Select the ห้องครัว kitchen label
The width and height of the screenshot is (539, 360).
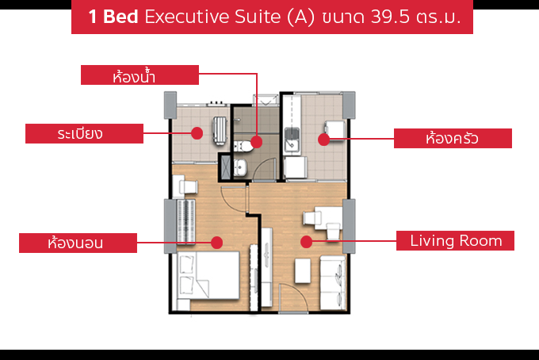(x=453, y=138)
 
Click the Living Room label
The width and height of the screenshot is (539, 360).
(x=455, y=241)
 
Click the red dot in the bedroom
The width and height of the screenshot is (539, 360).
(x=216, y=243)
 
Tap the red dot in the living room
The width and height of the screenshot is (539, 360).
(x=306, y=241)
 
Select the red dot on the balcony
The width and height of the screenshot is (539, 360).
(x=197, y=133)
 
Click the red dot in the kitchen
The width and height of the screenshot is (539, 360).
(x=324, y=140)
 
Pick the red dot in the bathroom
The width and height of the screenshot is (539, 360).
(x=257, y=142)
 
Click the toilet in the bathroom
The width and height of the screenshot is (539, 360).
(x=243, y=146)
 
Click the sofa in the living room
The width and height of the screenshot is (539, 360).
(x=333, y=282)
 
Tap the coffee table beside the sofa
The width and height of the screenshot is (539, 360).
(x=303, y=271)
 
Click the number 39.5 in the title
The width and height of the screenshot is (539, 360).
(x=390, y=17)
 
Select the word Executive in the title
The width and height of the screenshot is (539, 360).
(x=186, y=17)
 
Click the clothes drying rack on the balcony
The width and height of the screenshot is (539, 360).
(x=220, y=131)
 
